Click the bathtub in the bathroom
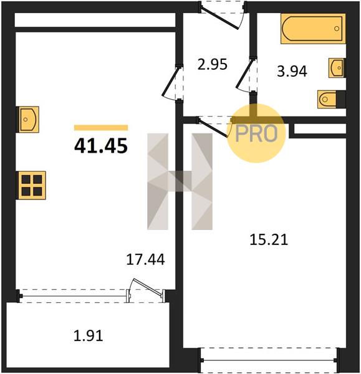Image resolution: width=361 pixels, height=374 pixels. pyautogui.click(x=313, y=29)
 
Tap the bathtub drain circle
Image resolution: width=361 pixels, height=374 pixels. pyautogui.click(x=337, y=29)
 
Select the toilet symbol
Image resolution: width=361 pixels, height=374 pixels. pyautogui.click(x=332, y=99)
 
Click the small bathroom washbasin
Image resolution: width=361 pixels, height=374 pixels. pyautogui.click(x=337, y=68)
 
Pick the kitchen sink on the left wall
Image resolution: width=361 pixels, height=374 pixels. pyautogui.click(x=27, y=119)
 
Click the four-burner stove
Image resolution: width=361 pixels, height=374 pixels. pyautogui.click(x=31, y=185)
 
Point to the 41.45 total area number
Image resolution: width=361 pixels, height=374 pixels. pyautogui.click(x=101, y=146)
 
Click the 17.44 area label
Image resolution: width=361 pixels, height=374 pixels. pyautogui.click(x=145, y=259)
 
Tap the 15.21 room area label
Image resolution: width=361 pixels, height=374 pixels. pyautogui.click(x=269, y=240)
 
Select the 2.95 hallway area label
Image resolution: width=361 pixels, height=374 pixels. pyautogui.click(x=213, y=64)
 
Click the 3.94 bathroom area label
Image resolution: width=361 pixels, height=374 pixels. pyautogui.click(x=292, y=71)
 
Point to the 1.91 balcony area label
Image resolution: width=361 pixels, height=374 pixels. pyautogui.click(x=89, y=335)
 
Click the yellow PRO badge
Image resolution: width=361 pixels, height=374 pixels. pyautogui.click(x=256, y=133)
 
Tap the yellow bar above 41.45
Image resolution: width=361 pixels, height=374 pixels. pyautogui.click(x=101, y=128)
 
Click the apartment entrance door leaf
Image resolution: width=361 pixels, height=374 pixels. pyautogui.click(x=219, y=19)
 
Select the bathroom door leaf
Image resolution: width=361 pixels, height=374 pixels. pyautogui.click(x=244, y=73)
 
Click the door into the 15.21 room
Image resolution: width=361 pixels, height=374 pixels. pyautogui.click(x=213, y=128)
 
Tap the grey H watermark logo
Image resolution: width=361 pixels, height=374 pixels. pyautogui.click(x=180, y=181)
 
